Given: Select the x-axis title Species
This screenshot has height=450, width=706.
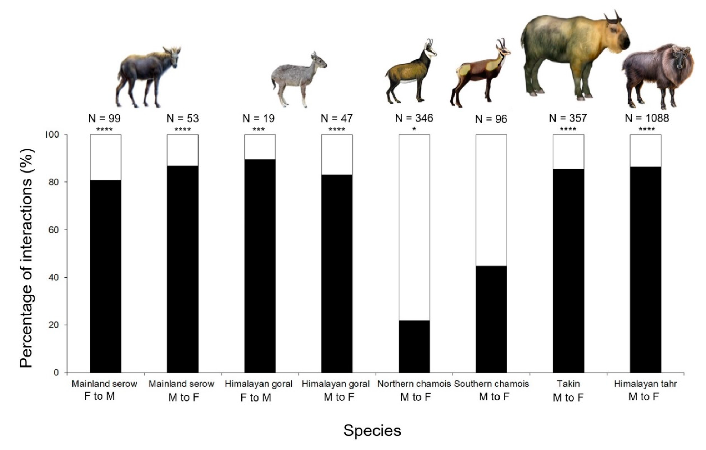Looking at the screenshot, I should tap(372, 431).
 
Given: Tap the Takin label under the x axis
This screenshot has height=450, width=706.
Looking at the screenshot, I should tap(568, 384).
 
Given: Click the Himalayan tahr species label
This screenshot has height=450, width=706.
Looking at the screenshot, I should tap(645, 384).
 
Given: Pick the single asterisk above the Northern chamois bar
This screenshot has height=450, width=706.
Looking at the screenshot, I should tap(414, 129).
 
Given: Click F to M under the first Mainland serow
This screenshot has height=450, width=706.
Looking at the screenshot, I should tap(99, 396).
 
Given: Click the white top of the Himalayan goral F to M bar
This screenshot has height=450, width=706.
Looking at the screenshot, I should tap(260, 147).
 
